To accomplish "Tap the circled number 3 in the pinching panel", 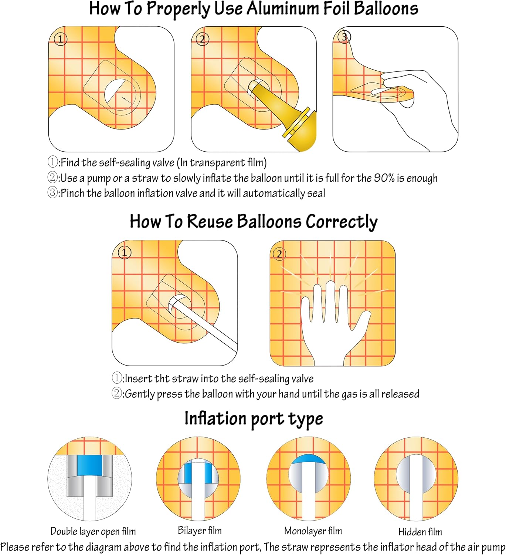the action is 344,37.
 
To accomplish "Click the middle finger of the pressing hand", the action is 330,302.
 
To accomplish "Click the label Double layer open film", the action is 93,531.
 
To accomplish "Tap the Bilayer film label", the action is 200,530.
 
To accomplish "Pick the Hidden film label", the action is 420,531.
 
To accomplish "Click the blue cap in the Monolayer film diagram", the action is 309,459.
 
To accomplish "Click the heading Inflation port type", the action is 254,418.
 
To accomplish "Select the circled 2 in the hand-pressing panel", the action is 279,254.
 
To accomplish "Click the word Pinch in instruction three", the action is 72,193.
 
